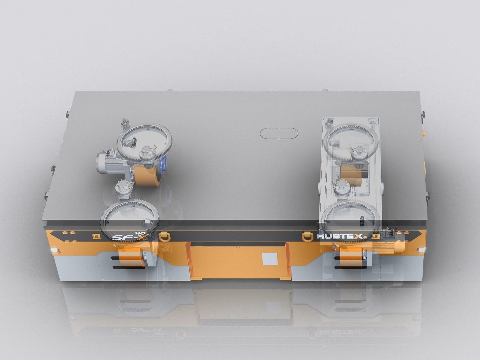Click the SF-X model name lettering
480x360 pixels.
pos(125,237)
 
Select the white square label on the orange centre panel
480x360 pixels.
pos(267,259)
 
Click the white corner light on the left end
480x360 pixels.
pos(56,250)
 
